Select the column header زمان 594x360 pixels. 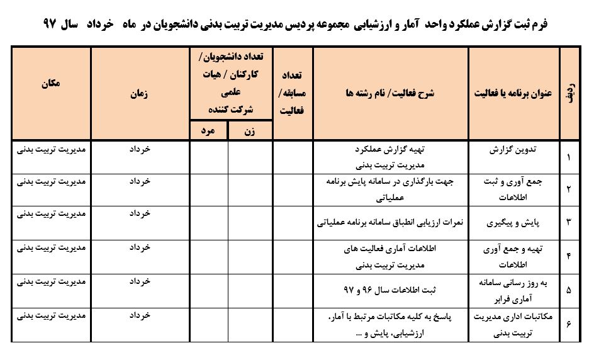coord(140,93)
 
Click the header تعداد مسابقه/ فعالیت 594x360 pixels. coord(293,93)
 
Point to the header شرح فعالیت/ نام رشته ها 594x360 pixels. coord(390,93)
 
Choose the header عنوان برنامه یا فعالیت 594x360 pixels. coord(513,93)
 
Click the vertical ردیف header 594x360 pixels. coord(569,93)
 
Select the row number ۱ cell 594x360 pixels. coord(569,157)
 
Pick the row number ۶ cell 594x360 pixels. coord(569,324)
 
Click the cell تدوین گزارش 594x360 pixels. coord(512,151)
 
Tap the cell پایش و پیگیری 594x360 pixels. coord(512,222)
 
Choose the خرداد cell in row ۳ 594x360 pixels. coord(140,214)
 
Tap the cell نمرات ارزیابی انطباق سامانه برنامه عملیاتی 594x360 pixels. coord(391,222)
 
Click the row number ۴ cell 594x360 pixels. coord(569,256)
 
